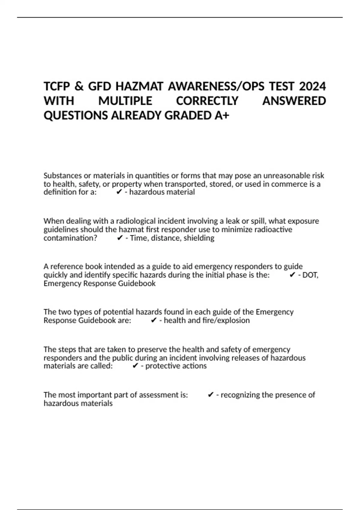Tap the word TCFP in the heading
point(56,86)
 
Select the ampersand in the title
point(79,86)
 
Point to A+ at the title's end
point(222,115)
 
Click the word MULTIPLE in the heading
point(125,101)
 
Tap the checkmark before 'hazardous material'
point(119,192)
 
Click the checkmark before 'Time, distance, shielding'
point(120,238)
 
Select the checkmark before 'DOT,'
point(292,275)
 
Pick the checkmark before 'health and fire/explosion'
point(154,320)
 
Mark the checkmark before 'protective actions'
point(135,366)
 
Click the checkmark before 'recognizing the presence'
point(211,395)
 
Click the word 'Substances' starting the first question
point(63,175)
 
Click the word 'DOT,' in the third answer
point(310,275)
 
